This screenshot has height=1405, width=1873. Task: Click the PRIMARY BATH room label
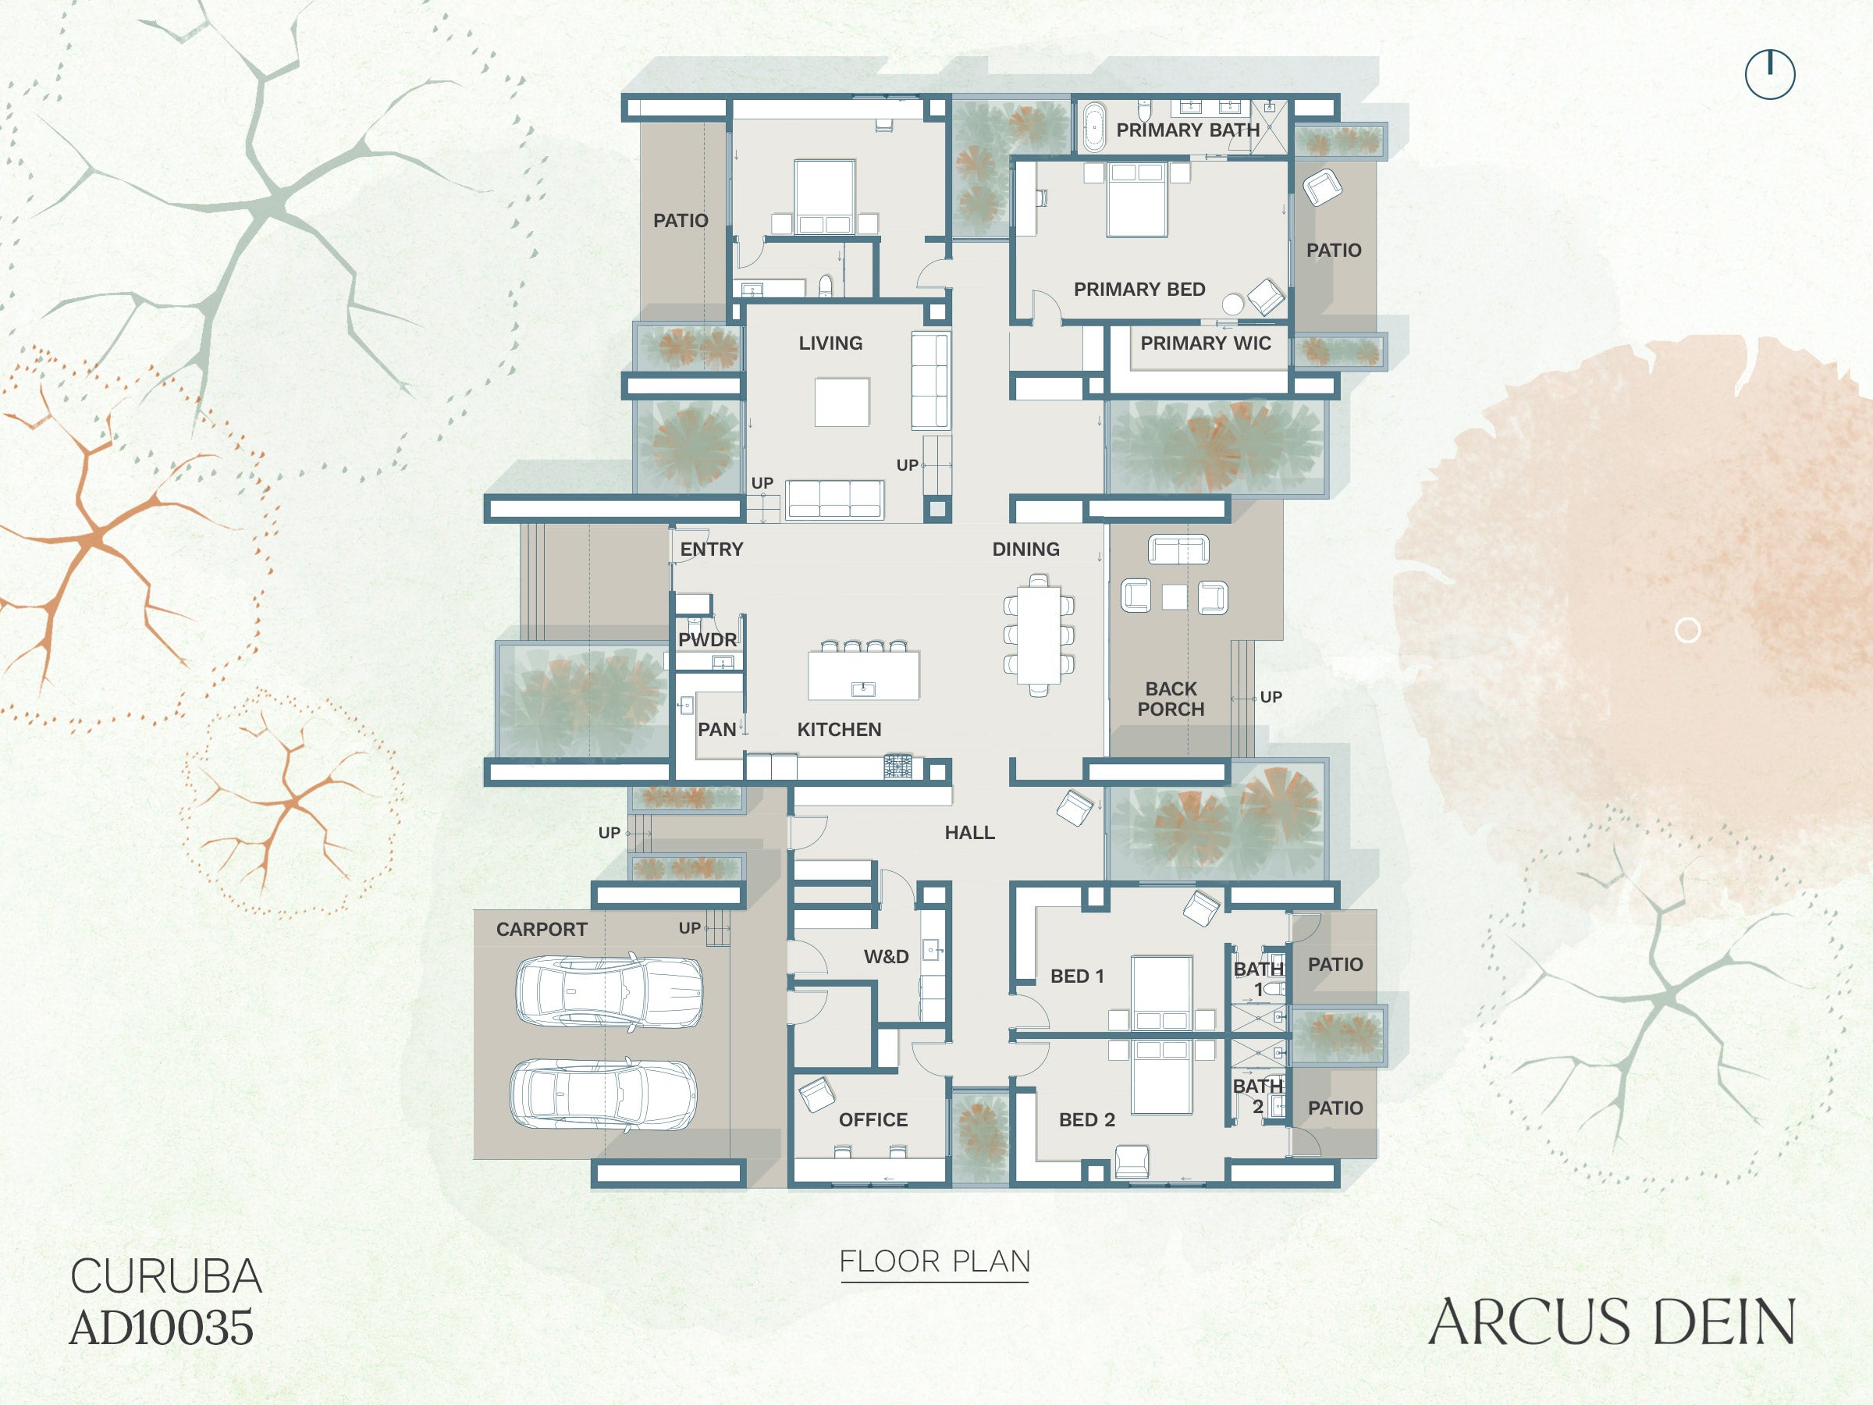1188,130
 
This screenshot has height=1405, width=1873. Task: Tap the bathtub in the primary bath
1094,127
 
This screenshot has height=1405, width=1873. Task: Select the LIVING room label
830,343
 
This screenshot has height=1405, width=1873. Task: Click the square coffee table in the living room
841,402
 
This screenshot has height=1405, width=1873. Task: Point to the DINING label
1026,549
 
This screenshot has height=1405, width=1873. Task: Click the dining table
1039,635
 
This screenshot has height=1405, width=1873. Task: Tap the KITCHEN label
839,729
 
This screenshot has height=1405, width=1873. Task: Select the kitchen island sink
863,688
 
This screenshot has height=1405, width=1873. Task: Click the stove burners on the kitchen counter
898,766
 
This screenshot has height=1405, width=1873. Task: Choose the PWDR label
708,639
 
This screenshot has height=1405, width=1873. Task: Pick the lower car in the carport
604,1094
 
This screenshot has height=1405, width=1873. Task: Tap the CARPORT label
542,929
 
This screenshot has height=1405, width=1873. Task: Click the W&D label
887,956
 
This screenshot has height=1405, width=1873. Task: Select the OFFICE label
873,1119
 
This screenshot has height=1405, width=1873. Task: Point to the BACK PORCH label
1171,699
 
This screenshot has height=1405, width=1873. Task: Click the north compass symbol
1771,74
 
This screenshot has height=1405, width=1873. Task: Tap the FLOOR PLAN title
935,1262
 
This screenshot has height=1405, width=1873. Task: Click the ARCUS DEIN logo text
1612,1322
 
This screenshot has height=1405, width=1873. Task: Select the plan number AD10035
162,1327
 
